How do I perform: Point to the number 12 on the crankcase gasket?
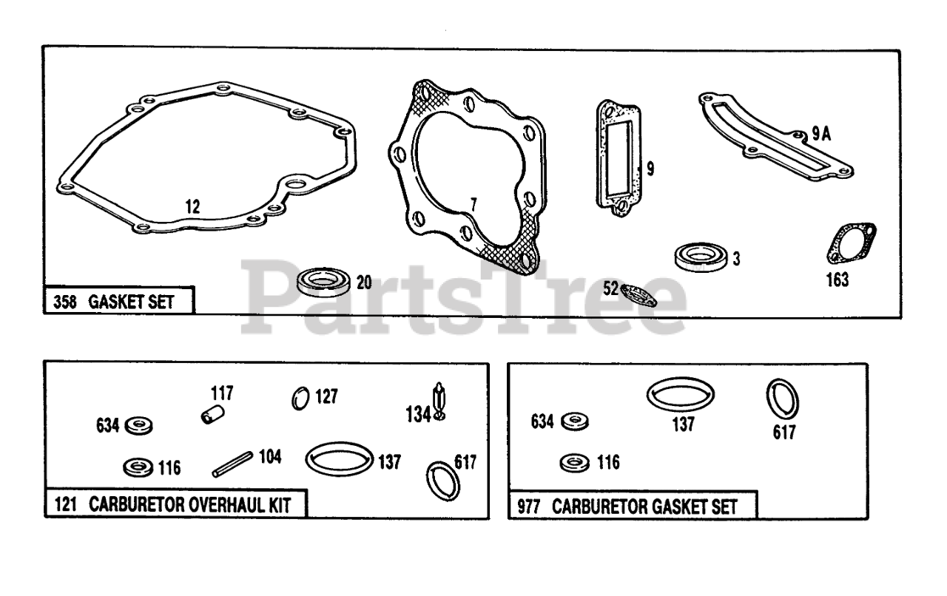tap(192, 206)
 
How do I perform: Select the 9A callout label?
tap(822, 133)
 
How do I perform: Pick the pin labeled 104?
tap(234, 463)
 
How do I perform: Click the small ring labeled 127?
tap(300, 399)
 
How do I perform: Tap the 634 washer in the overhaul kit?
tap(138, 425)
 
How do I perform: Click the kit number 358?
tap(64, 302)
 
